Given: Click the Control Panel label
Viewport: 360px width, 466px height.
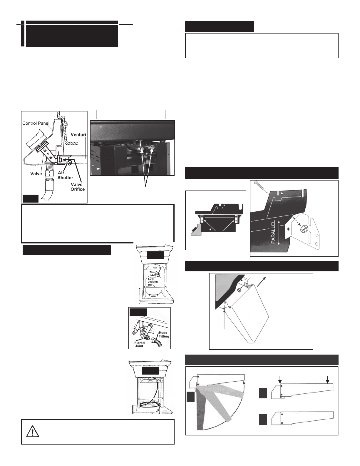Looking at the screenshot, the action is click(36, 123).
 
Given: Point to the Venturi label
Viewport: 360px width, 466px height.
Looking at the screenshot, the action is click(78, 135).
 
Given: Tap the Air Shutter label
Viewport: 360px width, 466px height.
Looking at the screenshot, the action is click(65, 175).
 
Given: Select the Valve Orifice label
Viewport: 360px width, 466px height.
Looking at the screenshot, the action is click(78, 187).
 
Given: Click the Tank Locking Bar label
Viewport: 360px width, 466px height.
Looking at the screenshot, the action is click(153, 282).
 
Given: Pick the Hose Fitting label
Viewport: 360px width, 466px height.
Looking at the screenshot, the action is click(164, 335).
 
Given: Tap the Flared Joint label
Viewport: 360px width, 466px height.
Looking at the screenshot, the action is click(140, 344).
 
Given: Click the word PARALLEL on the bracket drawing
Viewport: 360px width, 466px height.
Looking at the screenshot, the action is click(273, 232).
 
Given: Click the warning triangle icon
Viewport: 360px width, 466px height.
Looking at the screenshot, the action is click(32, 431).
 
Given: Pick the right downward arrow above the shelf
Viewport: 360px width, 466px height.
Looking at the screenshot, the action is click(327, 380).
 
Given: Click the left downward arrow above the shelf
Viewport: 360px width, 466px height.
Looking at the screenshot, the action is click(280, 380).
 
